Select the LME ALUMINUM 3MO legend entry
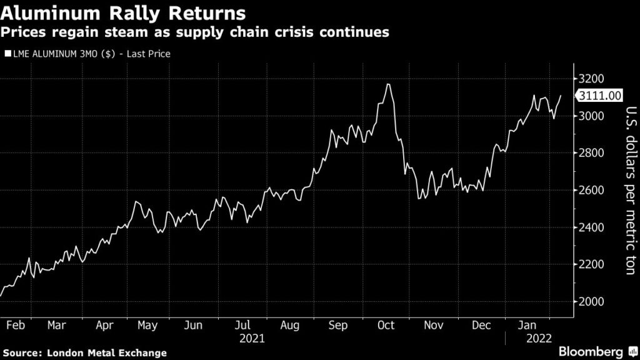coord(87,54)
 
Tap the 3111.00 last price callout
coord(600,96)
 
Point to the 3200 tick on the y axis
coord(591,79)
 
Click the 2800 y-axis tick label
coord(591,153)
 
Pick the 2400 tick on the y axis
coord(591,227)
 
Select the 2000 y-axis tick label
coord(591,301)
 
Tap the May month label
coord(147,325)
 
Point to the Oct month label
coord(386,325)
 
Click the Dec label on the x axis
coord(481,325)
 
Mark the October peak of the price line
coord(389,84)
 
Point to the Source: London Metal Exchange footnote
coord(84,353)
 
